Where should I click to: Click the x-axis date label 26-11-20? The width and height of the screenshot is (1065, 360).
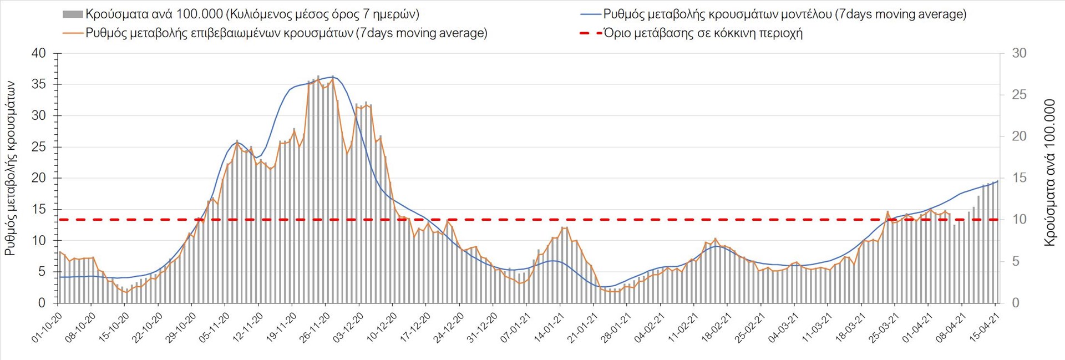pos(315,328)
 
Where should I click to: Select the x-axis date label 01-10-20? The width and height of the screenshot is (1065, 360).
pos(47,328)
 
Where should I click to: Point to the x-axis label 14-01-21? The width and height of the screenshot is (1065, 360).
pos(549,328)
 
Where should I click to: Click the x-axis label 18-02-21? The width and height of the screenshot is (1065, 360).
pos(717,328)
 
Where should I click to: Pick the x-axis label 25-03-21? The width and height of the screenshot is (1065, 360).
pos(884,328)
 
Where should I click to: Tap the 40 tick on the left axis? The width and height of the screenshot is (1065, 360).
pos(39,53)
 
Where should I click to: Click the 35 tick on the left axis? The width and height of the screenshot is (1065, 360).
pos(39,84)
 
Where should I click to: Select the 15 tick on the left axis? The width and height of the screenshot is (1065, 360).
pos(39,209)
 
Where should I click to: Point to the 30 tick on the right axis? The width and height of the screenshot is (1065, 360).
pos(1019,53)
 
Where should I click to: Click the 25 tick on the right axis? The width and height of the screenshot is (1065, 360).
pos(1019,95)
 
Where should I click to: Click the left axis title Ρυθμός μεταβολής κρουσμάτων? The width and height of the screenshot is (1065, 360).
pos(10,168)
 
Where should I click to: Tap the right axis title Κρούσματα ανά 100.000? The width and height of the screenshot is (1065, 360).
pos(1049,173)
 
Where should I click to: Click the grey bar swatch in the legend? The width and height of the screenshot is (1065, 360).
pos(73,14)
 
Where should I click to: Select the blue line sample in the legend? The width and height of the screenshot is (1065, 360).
pos(590,14)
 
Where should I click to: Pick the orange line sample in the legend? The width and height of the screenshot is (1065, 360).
pos(73,33)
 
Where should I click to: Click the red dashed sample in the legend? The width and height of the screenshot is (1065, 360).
pos(590,33)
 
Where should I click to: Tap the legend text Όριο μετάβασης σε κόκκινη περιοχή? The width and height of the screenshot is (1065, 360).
pos(703,33)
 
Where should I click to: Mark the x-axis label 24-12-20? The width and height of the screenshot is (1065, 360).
pos(449,328)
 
